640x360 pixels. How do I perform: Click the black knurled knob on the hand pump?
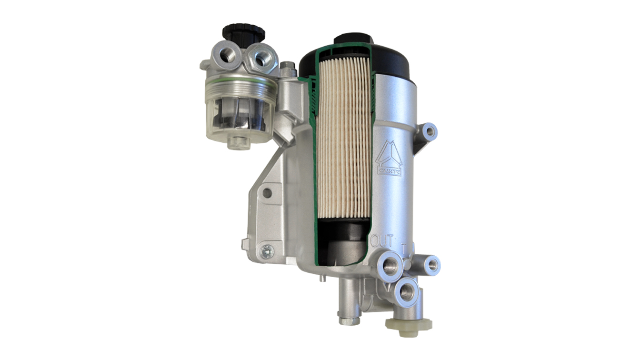[x=243, y=33]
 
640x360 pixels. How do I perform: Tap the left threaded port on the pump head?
[x=228, y=56]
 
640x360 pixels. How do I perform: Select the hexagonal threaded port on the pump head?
[x=261, y=58]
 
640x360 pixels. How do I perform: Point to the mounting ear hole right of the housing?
[x=429, y=130]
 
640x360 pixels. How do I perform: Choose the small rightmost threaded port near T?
[x=432, y=265]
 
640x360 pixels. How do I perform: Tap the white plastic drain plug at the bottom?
[x=408, y=325]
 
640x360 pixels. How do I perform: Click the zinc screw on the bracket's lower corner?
[x=268, y=250]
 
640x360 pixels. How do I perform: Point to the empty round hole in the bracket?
[x=267, y=193]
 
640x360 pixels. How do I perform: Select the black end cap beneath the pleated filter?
[x=342, y=239]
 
